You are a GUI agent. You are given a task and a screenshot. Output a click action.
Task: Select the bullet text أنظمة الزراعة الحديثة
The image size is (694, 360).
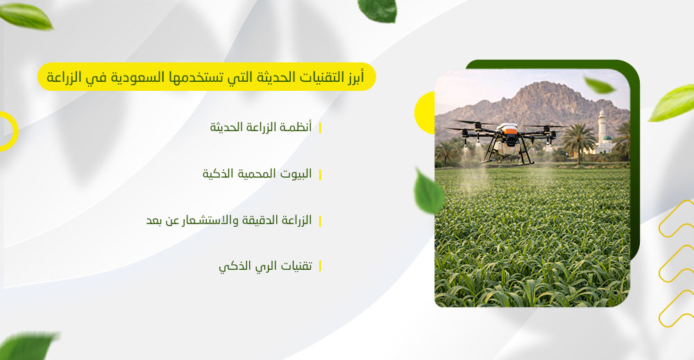point(260,128)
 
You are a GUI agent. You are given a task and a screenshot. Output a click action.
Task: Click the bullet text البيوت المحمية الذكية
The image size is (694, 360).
point(257,174)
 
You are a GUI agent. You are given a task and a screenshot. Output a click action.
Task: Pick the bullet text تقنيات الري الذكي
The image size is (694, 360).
point(265,266)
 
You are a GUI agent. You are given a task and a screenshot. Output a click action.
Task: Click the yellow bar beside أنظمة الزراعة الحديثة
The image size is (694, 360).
point(320,128)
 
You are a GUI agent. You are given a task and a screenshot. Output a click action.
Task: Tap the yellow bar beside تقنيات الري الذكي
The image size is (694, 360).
point(320,266)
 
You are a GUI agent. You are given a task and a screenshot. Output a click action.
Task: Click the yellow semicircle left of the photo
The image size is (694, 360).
point(424,112)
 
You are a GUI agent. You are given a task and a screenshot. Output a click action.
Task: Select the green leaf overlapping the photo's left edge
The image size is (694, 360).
point(428,191)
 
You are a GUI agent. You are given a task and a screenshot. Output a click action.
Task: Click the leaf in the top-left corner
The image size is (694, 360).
point(26,15)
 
